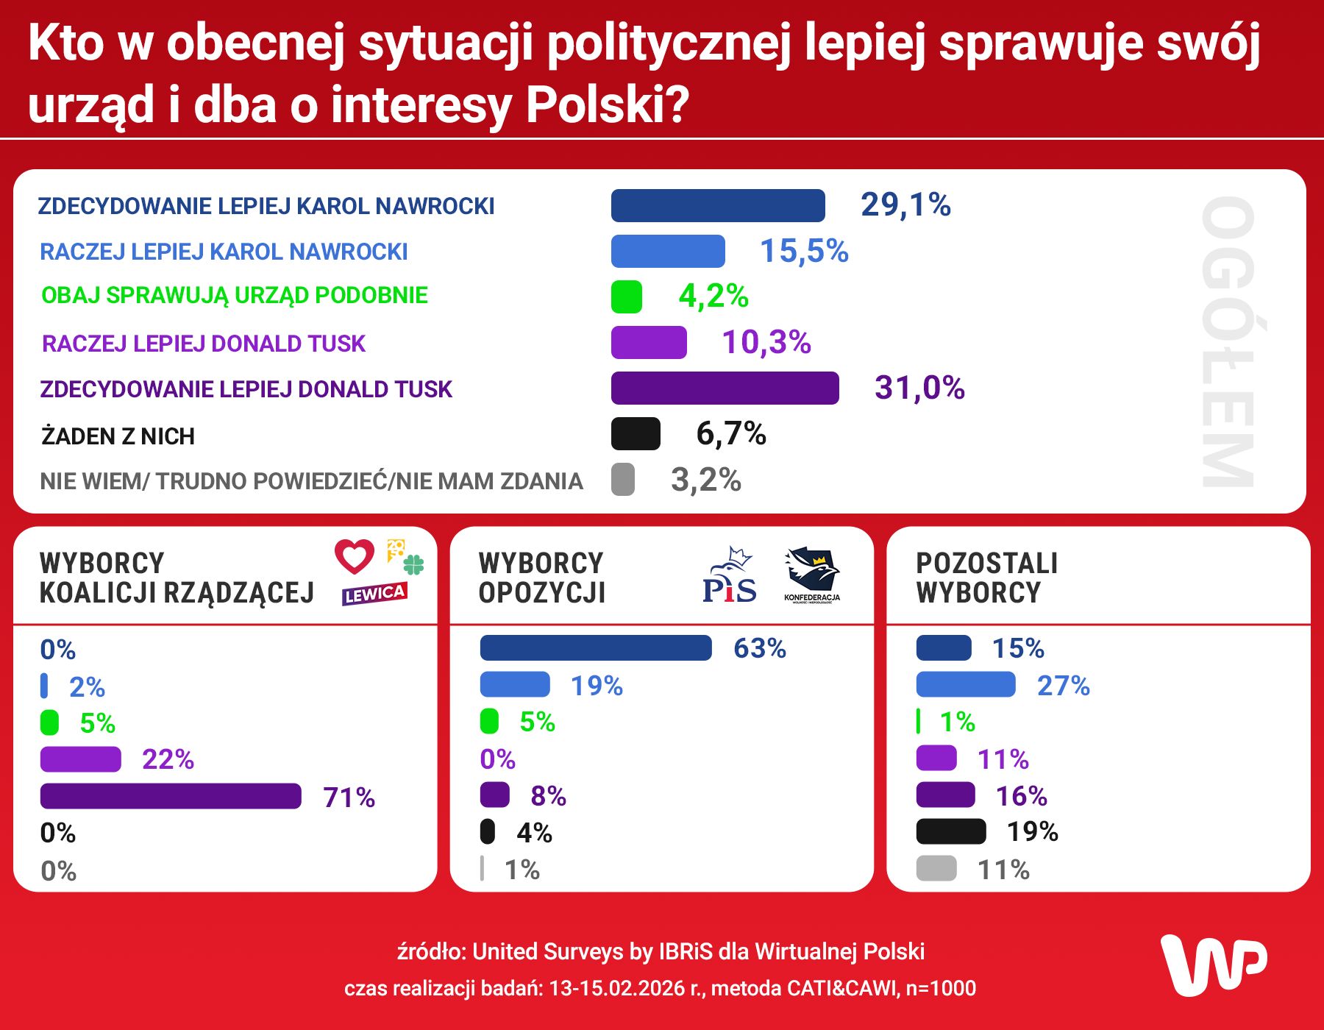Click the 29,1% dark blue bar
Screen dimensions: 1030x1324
717,205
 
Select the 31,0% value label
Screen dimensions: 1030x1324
919,388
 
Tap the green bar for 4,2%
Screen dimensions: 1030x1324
626,296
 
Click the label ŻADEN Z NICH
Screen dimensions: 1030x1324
118,436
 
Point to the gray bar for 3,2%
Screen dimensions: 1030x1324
622,479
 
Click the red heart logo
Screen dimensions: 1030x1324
355,556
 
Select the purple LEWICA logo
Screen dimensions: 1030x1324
374,594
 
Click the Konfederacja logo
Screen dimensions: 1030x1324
812,574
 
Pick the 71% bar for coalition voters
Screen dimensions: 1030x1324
171,796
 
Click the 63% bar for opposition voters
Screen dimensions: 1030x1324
595,648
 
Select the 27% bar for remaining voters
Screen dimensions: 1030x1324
965,685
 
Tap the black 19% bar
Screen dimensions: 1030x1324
950,831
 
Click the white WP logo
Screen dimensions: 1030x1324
1213,965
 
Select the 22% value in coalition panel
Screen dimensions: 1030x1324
168,759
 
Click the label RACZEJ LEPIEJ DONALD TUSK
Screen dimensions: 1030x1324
203,344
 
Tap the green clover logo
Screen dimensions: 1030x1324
413,564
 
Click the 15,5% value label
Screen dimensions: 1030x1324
803,251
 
